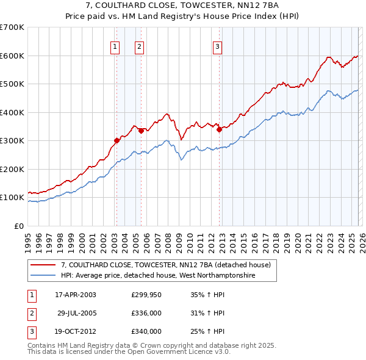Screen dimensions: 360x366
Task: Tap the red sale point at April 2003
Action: click(117, 140)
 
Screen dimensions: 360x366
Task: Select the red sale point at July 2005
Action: click(141, 130)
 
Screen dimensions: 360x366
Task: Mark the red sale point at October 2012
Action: click(219, 129)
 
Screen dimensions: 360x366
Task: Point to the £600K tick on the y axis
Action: click(12, 56)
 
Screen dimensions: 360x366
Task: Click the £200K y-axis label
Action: click(12, 169)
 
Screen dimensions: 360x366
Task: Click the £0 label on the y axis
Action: click(18, 226)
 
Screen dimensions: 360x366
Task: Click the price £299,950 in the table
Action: click(146, 295)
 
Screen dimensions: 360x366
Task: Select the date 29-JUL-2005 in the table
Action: click(76, 313)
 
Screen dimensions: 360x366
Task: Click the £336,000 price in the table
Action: click(146, 313)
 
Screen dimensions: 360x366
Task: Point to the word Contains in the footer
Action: click(43, 345)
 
